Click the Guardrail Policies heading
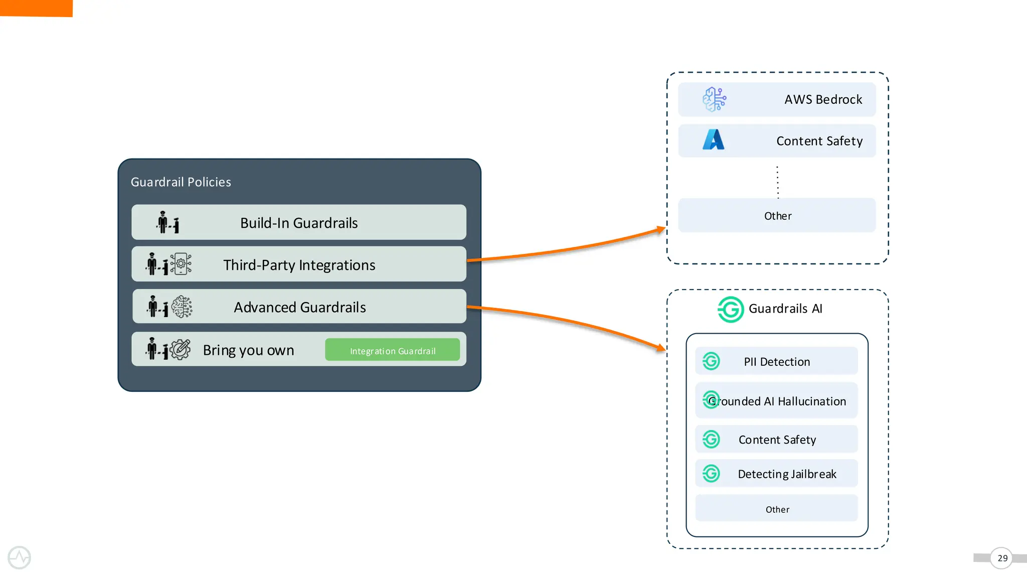181,182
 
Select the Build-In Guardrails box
299,222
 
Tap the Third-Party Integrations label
299,265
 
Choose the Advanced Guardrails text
299,307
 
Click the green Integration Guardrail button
392,350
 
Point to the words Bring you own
248,350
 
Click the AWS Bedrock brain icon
714,99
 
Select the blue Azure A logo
714,140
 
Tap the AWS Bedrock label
823,99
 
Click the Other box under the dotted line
777,216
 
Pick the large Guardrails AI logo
731,309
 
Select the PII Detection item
776,362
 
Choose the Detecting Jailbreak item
786,474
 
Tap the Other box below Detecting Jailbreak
777,509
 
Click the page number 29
1002,558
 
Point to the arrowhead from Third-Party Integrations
661,230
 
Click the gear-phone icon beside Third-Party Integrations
181,264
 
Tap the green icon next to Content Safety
711,440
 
